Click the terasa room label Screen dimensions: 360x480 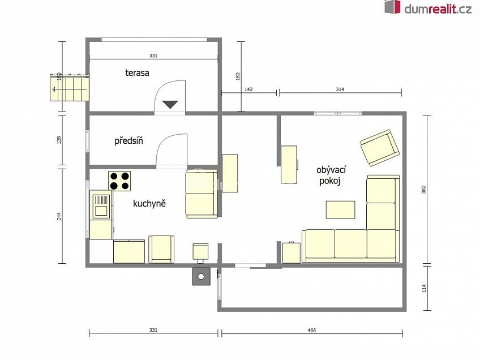137,73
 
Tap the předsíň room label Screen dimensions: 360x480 128,141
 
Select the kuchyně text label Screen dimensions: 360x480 149,203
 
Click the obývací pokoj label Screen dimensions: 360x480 331,175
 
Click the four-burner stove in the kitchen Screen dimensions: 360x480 119,181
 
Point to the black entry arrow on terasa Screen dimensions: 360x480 170,105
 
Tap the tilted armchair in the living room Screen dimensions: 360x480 379,147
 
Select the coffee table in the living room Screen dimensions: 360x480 340,210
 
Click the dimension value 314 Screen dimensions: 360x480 340,89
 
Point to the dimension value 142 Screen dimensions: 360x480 248,89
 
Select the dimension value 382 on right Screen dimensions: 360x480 423,191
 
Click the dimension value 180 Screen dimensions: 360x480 238,75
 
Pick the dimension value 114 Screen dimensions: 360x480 423,288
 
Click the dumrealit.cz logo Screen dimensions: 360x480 428,8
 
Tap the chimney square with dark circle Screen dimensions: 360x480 201,277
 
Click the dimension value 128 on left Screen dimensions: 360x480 59,140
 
